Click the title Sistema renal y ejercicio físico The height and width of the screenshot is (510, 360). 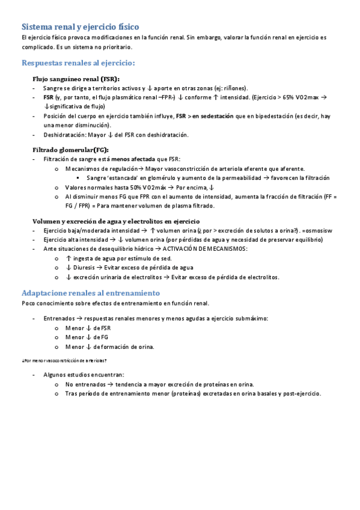click(x=80, y=27)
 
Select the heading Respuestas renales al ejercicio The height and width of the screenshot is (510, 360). click(x=78, y=63)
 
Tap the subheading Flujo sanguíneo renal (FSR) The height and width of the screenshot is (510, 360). click(x=76, y=79)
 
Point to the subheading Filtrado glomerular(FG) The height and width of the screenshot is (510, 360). click(x=70, y=150)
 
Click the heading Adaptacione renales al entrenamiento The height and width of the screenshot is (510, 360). click(x=90, y=293)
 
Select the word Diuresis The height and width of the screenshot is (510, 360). click(x=87, y=268)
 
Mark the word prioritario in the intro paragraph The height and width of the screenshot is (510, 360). click(x=116, y=46)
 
